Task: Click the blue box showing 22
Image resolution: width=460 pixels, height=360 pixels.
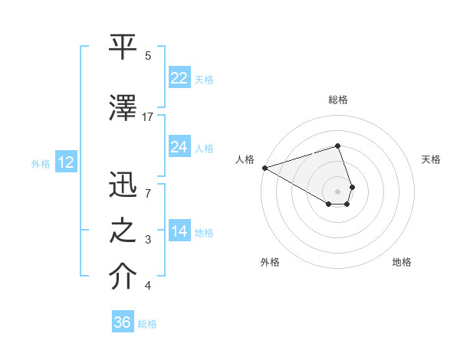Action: [179, 77]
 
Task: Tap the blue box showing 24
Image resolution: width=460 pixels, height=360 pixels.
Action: [179, 147]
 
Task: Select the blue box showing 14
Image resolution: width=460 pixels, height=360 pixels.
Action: [179, 231]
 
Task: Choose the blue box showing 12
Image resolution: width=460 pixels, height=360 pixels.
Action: [65, 162]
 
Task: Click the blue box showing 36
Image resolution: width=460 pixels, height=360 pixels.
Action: [123, 322]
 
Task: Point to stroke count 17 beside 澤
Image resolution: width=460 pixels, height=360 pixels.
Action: [148, 116]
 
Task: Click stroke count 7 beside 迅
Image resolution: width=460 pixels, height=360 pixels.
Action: [148, 194]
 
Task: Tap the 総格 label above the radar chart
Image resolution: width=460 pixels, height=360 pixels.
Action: [338, 100]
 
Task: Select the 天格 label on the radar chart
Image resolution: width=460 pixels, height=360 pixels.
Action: [431, 159]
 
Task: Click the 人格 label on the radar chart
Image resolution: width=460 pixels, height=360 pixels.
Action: [245, 159]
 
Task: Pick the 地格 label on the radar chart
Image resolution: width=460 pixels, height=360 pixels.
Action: [402, 262]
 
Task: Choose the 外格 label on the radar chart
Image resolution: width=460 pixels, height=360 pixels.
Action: [270, 262]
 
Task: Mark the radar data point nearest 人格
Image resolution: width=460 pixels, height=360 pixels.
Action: [264, 167]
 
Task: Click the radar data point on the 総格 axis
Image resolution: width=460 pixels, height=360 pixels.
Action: [338, 146]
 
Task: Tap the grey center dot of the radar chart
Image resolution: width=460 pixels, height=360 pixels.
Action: [338, 191]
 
